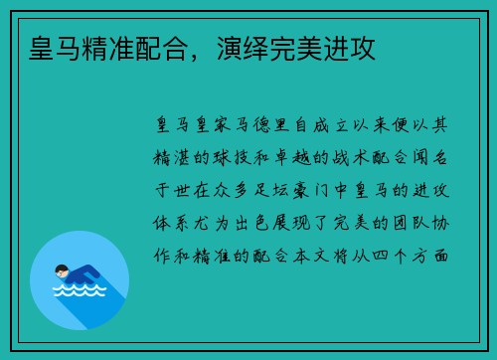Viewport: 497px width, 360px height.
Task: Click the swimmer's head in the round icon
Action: (63, 270)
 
